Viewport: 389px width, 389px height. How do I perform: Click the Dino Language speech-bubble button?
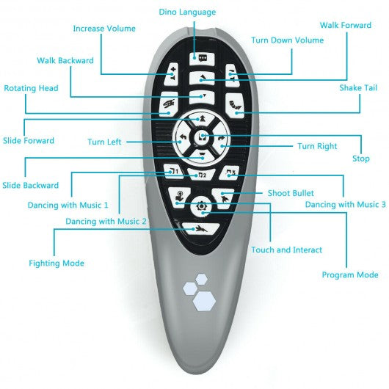tap(202, 59)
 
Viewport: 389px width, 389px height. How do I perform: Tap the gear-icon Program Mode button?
tap(201, 206)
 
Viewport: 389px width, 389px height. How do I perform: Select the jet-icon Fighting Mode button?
tap(200, 229)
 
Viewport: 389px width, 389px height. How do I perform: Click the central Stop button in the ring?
tap(202, 137)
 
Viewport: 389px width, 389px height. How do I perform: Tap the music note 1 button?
tap(173, 171)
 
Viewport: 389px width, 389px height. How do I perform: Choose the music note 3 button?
tap(230, 173)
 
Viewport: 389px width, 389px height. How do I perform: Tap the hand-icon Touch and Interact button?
tap(179, 197)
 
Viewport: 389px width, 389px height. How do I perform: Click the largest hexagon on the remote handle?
tap(204, 301)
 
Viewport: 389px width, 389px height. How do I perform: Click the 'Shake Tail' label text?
tap(358, 88)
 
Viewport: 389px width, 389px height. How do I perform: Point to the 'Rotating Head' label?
tap(31, 88)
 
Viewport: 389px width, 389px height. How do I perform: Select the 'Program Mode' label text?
tap(350, 275)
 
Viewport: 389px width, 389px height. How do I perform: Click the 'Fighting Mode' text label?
tap(57, 263)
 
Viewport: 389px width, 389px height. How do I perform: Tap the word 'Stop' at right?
tap(361, 159)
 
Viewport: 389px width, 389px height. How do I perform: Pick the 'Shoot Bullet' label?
tap(291, 193)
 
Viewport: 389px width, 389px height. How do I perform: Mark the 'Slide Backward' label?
tap(31, 185)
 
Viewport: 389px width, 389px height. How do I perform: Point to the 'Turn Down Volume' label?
tap(288, 40)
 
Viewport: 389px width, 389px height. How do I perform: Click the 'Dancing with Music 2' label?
tap(106, 221)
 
